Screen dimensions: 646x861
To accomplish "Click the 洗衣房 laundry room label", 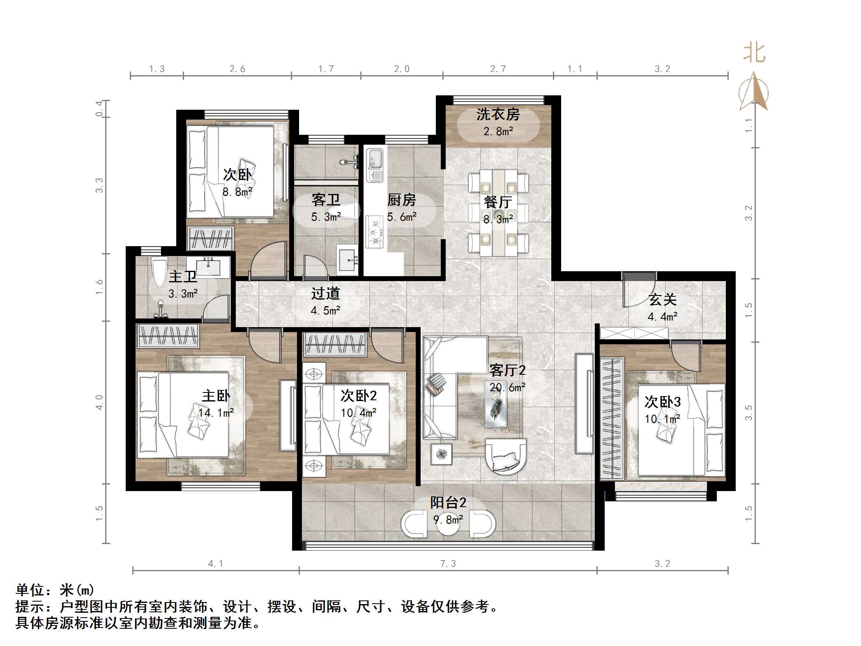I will click(x=498, y=114).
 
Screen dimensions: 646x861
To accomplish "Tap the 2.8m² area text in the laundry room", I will click(x=498, y=132).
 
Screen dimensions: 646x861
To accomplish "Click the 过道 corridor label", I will click(x=325, y=293).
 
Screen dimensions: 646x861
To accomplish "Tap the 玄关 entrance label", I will click(x=662, y=300).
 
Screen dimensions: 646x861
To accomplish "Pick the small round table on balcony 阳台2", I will click(x=448, y=524).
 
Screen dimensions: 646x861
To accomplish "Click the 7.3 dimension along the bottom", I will click(x=448, y=563).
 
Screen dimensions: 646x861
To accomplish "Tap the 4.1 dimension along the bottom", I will click(x=215, y=563).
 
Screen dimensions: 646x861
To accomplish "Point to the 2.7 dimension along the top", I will click(x=498, y=69).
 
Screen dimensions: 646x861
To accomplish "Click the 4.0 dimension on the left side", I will click(x=99, y=402).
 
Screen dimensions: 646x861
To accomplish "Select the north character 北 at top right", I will click(x=754, y=53).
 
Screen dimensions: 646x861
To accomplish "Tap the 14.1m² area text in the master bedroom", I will click(x=216, y=413).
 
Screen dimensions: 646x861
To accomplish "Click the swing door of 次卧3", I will click(x=685, y=357).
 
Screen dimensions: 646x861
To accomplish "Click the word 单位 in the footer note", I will click(x=30, y=591).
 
